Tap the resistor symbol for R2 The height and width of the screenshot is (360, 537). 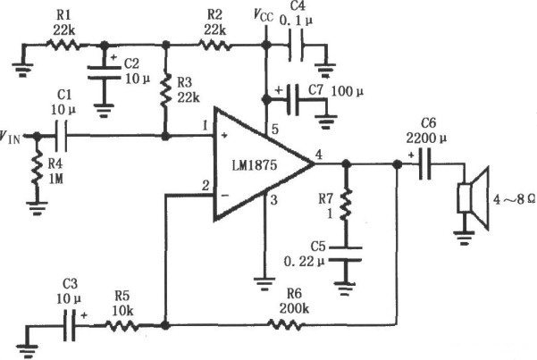pyautogui.click(x=214, y=43)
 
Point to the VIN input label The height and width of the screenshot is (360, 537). pyautogui.click(x=13, y=137)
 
